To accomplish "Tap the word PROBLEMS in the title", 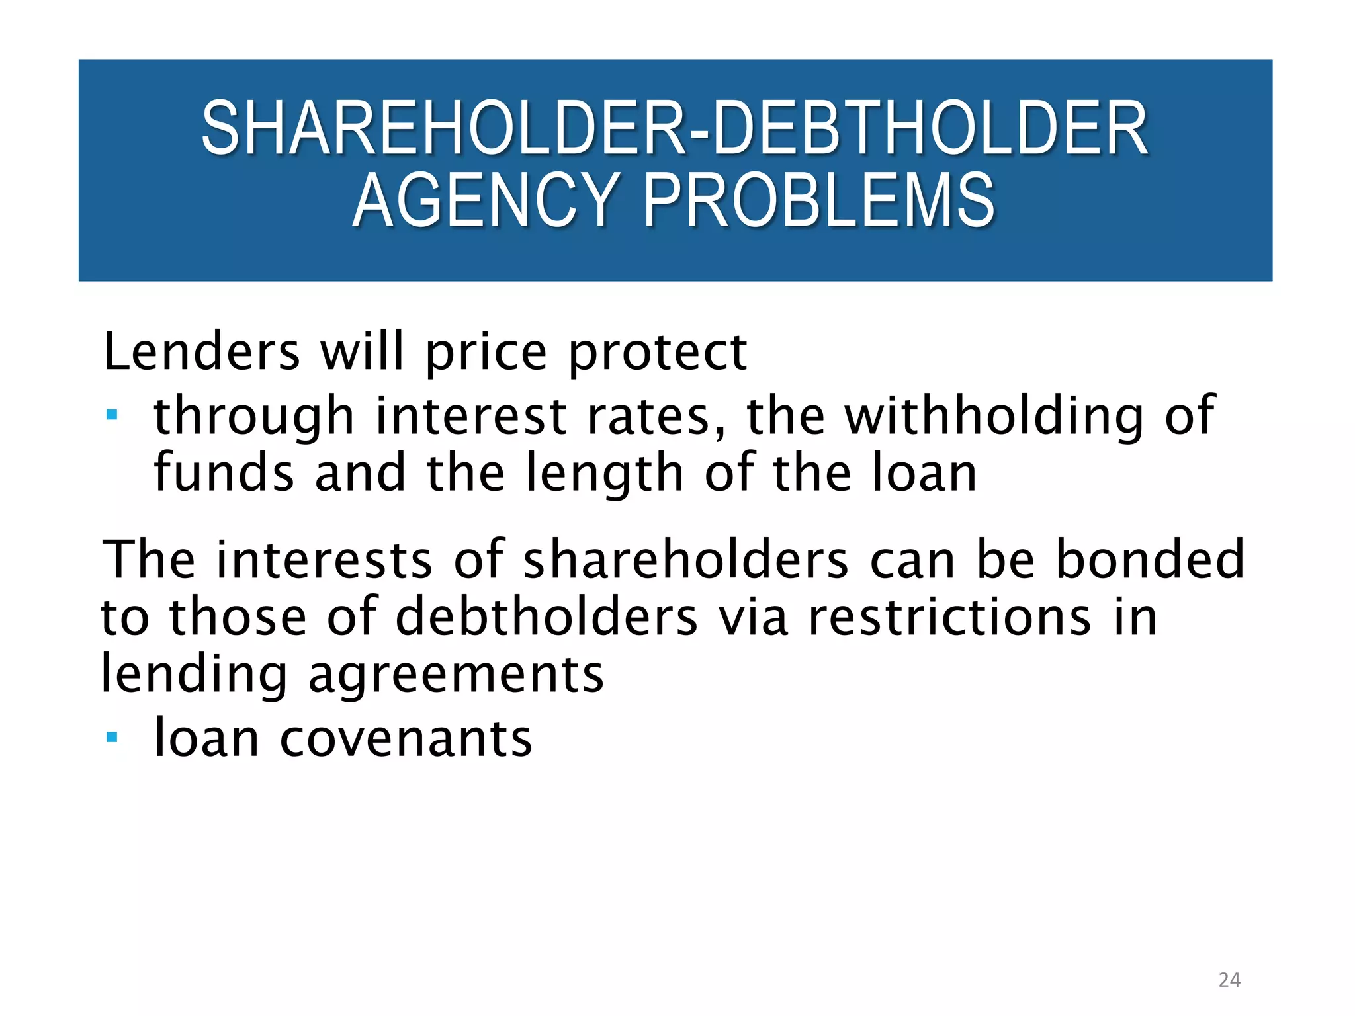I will pyautogui.click(x=819, y=200).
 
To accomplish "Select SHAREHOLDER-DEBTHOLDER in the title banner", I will pyautogui.click(x=675, y=128).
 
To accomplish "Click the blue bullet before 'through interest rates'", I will pyautogui.click(x=112, y=415).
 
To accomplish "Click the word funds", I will pyautogui.click(x=224, y=473).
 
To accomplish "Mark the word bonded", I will pyautogui.click(x=1150, y=559).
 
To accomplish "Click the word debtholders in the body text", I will pyautogui.click(x=546, y=616).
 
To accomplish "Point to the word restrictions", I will pyautogui.click(x=949, y=616).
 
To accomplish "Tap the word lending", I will pyautogui.click(x=194, y=675).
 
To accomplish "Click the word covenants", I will pyautogui.click(x=406, y=738).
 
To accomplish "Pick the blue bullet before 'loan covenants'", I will pyautogui.click(x=112, y=737).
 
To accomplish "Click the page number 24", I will pyautogui.click(x=1229, y=980).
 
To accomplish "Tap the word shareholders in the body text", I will pyautogui.click(x=686, y=559).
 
